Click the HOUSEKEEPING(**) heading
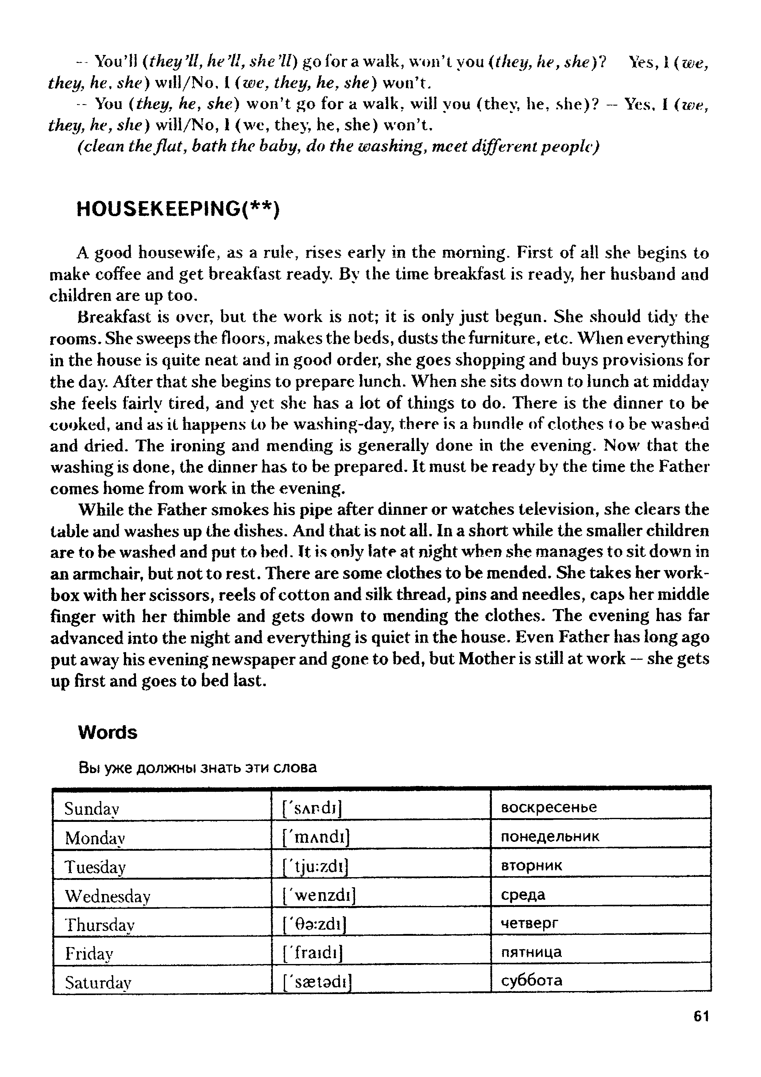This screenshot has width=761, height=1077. pyautogui.click(x=178, y=209)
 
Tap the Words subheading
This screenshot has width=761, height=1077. pyautogui.click(x=107, y=732)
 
